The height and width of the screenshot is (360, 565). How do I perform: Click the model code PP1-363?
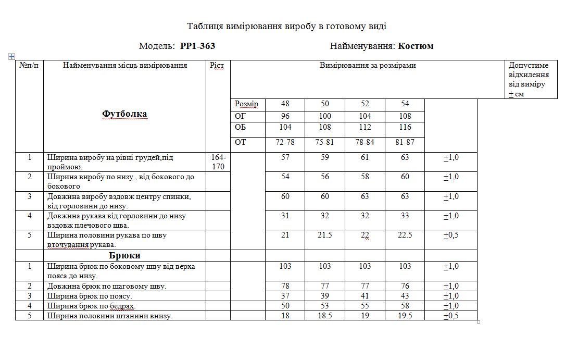tap(197, 46)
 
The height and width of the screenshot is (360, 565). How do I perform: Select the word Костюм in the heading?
tap(416, 46)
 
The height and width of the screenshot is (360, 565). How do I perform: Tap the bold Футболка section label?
tap(124, 114)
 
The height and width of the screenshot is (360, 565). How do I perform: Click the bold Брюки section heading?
tap(124, 255)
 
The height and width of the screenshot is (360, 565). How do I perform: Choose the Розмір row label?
tap(246, 104)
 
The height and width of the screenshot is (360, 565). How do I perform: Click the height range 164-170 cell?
tap(218, 162)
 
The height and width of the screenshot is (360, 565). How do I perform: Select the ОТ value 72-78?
tap(285, 142)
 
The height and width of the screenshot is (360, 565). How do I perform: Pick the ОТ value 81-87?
tap(405, 142)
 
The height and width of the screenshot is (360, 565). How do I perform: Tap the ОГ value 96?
tap(285, 116)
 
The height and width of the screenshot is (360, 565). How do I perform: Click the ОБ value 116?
tap(405, 127)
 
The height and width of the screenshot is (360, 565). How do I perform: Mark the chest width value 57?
tap(285, 157)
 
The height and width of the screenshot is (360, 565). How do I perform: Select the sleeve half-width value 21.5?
tap(325, 235)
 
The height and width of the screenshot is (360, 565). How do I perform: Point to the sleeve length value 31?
tap(285, 216)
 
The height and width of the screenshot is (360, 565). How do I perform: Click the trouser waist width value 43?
tap(405, 296)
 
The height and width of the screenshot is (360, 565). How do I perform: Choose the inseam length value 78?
tap(285, 286)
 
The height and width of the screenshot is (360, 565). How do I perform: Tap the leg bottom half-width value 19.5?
tap(405, 316)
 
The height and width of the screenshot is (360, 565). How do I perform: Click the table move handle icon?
tap(11, 56)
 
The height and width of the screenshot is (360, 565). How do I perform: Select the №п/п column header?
tap(29, 66)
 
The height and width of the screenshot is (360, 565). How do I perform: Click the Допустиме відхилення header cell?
tap(529, 80)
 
